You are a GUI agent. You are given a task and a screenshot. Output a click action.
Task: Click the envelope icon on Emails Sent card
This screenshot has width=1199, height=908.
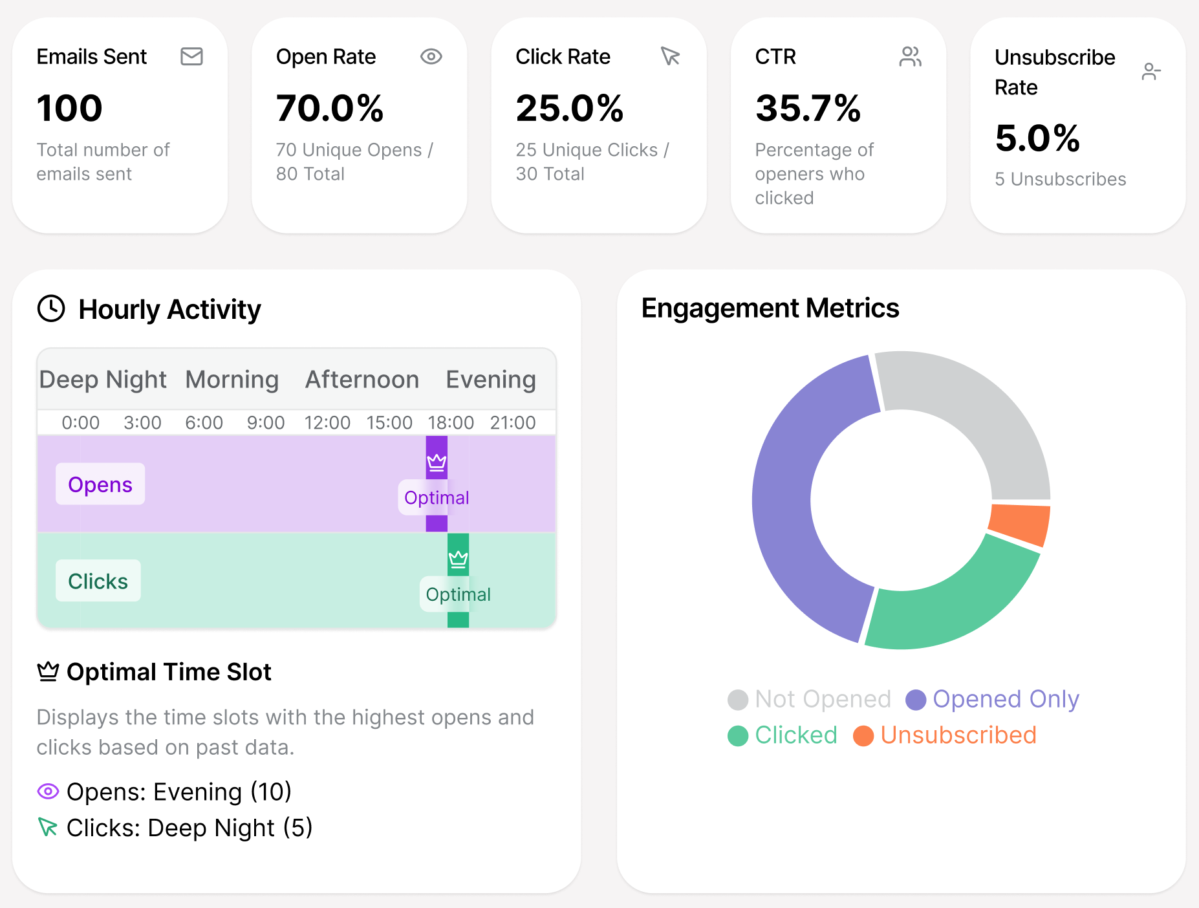pyautogui.click(x=191, y=57)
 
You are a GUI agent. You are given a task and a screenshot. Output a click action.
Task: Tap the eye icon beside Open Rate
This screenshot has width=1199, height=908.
pyautogui.click(x=431, y=57)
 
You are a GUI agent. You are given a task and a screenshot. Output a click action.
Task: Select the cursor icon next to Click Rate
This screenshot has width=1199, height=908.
pyautogui.click(x=670, y=57)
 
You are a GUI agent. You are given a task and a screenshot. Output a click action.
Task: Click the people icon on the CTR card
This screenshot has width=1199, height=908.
pyautogui.click(x=910, y=57)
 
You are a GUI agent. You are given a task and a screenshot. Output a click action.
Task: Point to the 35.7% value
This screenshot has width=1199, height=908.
pyautogui.click(x=808, y=108)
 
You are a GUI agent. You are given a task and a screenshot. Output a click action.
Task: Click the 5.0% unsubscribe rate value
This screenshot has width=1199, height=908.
pyautogui.click(x=1037, y=138)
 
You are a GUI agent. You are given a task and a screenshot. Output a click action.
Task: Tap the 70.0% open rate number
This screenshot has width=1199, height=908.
pyautogui.click(x=330, y=108)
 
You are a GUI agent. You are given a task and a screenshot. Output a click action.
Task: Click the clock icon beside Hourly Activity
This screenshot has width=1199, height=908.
pyautogui.click(x=51, y=308)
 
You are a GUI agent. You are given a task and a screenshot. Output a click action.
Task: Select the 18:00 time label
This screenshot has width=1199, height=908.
pyautogui.click(x=451, y=423)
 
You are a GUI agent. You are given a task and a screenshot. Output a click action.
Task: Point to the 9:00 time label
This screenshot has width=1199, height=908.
pyautogui.click(x=266, y=423)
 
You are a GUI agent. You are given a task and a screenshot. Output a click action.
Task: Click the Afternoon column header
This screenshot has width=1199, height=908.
pyautogui.click(x=362, y=380)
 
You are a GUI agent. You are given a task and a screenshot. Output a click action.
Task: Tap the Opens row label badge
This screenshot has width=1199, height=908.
pyautogui.click(x=100, y=484)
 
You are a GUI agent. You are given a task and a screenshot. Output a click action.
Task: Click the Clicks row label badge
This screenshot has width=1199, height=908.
pyautogui.click(x=98, y=581)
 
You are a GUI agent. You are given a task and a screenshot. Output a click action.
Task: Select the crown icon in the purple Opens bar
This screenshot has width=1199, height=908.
pyautogui.click(x=437, y=462)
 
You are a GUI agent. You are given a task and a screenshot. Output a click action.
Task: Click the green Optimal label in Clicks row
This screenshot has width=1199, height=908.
pyautogui.click(x=458, y=594)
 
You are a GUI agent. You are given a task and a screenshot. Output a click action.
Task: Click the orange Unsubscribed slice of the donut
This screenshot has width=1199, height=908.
pyautogui.click(x=1020, y=524)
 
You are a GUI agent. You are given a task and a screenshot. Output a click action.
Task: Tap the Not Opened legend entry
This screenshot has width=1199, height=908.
pyautogui.click(x=809, y=699)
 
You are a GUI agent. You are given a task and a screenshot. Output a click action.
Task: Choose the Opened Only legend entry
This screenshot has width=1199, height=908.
pyautogui.click(x=992, y=699)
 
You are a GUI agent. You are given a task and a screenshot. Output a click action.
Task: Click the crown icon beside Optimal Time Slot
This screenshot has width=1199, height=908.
pyautogui.click(x=48, y=672)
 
